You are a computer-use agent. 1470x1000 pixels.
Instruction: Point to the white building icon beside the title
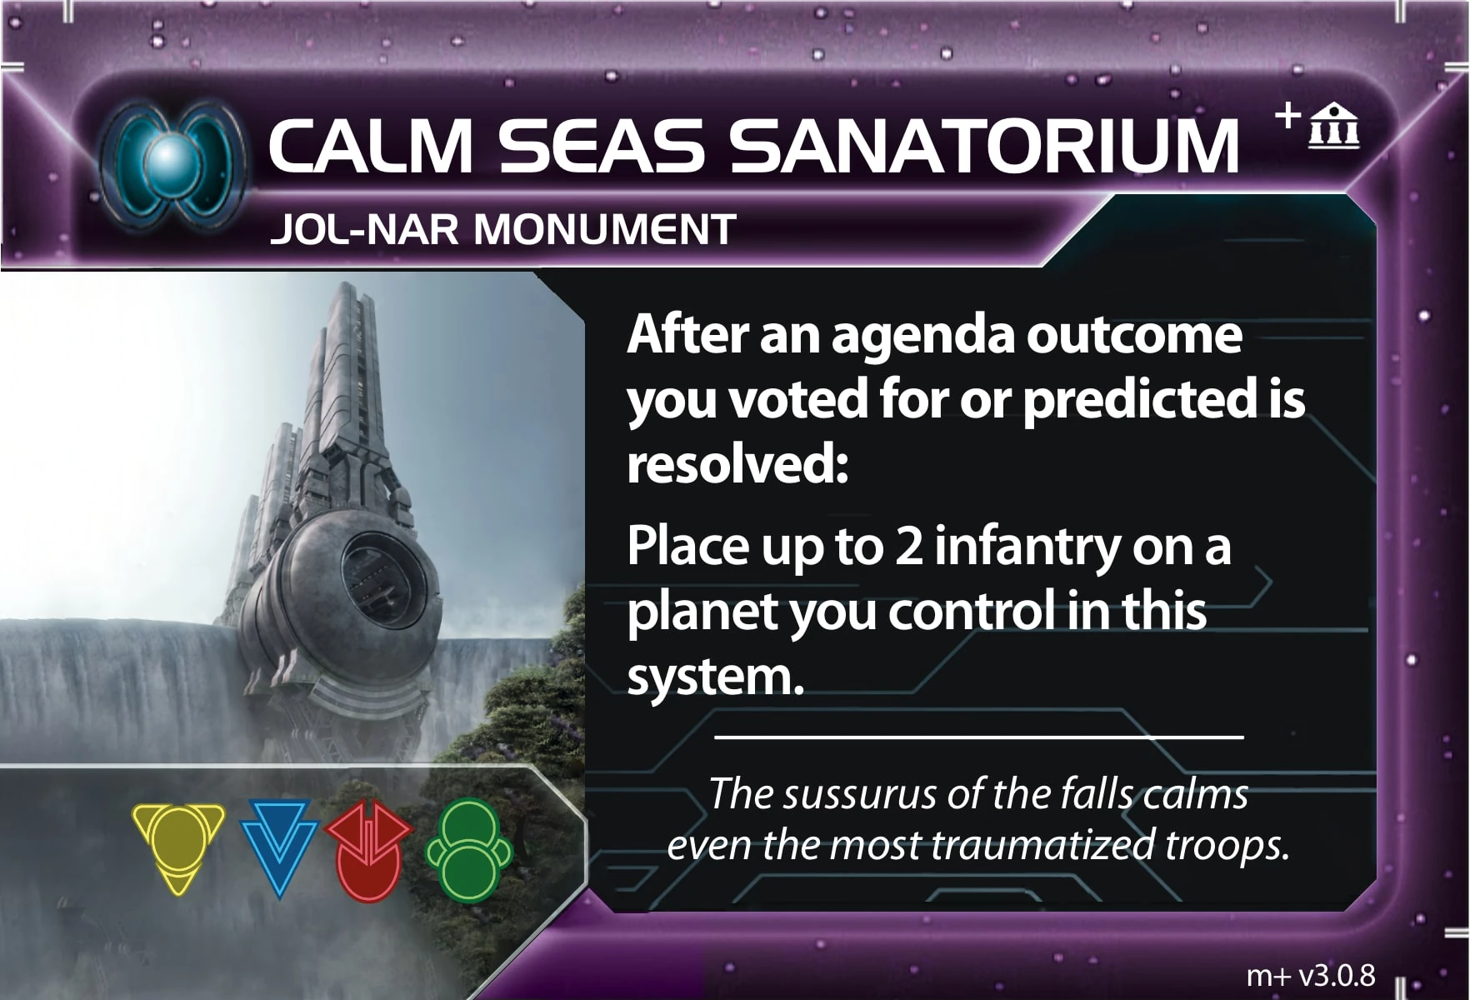pos(1334,127)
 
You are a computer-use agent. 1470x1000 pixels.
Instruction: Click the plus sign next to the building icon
pos(1287,115)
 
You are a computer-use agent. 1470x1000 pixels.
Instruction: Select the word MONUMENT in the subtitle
pos(605,230)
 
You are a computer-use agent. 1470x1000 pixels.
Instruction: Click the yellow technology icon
pos(178,847)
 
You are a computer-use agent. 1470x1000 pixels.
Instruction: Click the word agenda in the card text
pos(922,336)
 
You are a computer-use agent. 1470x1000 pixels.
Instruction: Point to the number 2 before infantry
pos(909,547)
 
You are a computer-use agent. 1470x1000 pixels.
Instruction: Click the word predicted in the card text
pos(1140,400)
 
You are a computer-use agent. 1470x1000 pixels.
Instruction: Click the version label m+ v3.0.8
pos(1311,974)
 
